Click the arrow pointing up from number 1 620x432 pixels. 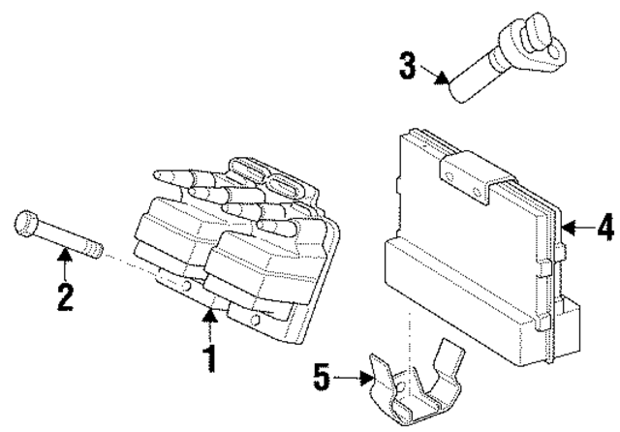click(x=209, y=320)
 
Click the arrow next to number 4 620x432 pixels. click(x=573, y=229)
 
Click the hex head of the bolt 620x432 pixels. click(x=26, y=228)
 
